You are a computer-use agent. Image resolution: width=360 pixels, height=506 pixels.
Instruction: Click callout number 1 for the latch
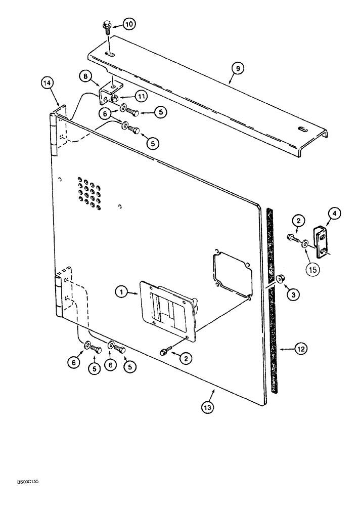121,291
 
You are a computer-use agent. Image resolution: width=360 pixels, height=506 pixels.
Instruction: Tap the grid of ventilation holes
89,192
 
